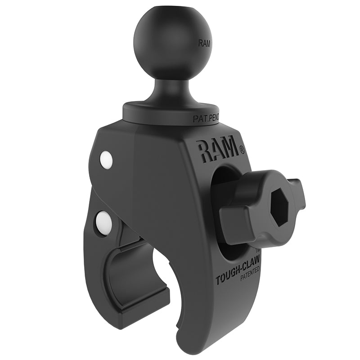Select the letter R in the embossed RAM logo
[x=203, y=151]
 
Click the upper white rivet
[x=106, y=160]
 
